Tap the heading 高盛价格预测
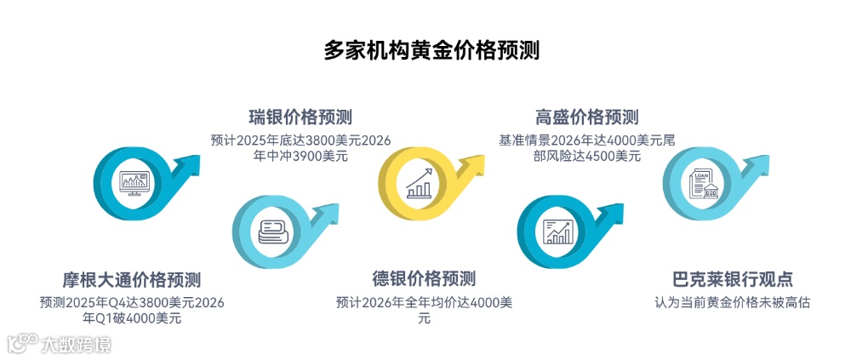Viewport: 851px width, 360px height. point(586,117)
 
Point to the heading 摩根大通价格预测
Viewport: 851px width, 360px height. point(131,280)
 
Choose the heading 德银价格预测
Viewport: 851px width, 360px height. point(424,279)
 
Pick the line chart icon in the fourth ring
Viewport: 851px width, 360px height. point(558,231)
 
